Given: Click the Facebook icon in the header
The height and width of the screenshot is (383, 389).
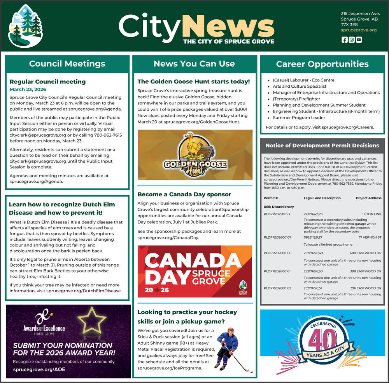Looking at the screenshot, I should pyautogui.click(x=344, y=40).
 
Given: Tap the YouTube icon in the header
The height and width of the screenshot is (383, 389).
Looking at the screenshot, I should pyautogui.click(x=359, y=40).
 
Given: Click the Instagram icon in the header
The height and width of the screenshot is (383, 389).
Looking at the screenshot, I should pyautogui.click(x=352, y=40).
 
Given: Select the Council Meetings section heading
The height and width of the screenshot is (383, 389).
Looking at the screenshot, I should pyautogui.click(x=67, y=64).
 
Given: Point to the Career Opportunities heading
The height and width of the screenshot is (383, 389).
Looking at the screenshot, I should pyautogui.click(x=322, y=64).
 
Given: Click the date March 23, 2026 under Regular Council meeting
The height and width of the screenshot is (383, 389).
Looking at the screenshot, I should pyautogui.click(x=28, y=89).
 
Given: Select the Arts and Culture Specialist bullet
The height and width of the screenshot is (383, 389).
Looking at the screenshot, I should pyautogui.click(x=300, y=87).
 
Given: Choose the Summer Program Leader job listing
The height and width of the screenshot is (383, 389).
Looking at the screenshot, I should pyautogui.click(x=299, y=118).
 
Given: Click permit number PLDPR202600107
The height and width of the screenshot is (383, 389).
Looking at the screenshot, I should pyautogui.click(x=277, y=237).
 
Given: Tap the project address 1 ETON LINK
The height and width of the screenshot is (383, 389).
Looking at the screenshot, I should pyautogui.click(x=372, y=214).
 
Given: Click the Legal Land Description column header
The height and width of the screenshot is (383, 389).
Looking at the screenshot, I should pyautogui.click(x=322, y=198).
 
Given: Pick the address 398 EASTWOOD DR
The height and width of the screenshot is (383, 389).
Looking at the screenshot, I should pyautogui.click(x=366, y=271).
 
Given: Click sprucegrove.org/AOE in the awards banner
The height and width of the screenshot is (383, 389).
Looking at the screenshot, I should pyautogui.click(x=39, y=369).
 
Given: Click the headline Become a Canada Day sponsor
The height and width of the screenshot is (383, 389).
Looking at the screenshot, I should pyautogui.click(x=184, y=194).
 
